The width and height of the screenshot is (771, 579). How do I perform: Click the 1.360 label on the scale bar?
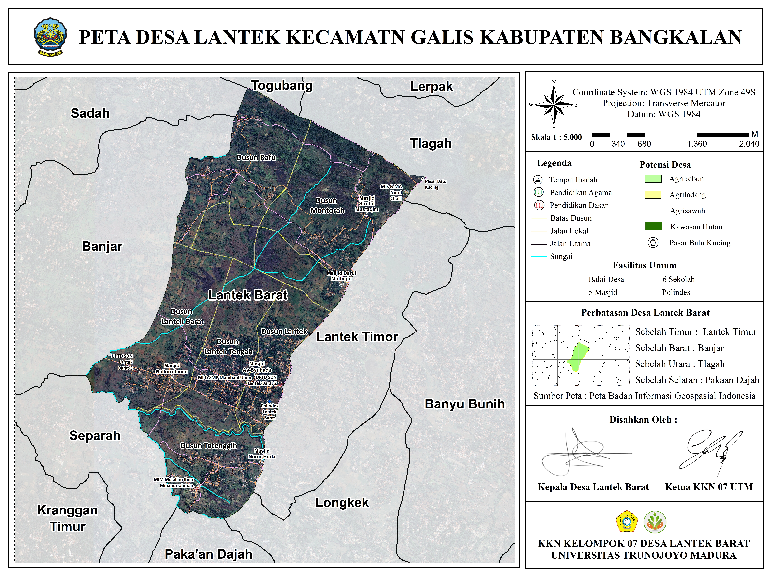[697, 144]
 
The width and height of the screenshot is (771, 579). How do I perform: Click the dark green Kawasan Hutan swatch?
[653, 226]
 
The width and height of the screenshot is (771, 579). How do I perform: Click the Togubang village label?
[282, 86]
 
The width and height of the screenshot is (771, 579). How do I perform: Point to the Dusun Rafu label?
[256, 157]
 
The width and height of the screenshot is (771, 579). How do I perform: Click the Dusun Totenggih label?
[208, 446]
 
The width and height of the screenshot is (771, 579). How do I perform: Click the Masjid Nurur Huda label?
[262, 454]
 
